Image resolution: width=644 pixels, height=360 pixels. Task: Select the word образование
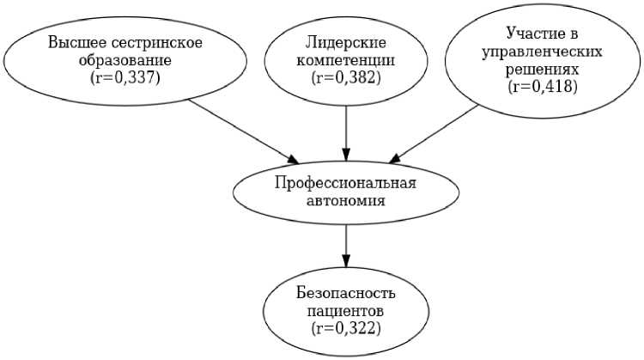(x=125, y=61)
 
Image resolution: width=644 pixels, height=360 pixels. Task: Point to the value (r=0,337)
(x=125, y=78)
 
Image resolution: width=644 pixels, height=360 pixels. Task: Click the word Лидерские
(x=346, y=43)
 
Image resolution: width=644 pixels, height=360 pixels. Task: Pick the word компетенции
(x=346, y=61)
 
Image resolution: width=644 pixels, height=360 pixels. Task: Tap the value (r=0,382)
(x=346, y=78)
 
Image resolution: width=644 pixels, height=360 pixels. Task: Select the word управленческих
(x=542, y=52)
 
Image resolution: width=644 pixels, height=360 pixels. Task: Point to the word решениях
(x=542, y=70)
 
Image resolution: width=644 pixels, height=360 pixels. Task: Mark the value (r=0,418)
(x=543, y=87)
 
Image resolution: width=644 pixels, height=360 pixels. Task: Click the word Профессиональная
(x=346, y=183)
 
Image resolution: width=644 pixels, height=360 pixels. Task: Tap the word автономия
(x=346, y=201)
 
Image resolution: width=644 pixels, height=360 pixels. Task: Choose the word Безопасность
(x=346, y=294)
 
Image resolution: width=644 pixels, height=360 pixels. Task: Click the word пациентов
(x=346, y=311)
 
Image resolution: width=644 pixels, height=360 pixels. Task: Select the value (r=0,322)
(x=346, y=329)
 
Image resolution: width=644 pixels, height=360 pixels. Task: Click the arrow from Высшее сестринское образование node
(x=244, y=131)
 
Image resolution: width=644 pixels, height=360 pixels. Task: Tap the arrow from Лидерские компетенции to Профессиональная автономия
(x=346, y=133)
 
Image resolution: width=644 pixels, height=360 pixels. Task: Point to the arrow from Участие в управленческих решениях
(x=434, y=134)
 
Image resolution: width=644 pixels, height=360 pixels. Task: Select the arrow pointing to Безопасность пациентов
(x=346, y=246)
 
